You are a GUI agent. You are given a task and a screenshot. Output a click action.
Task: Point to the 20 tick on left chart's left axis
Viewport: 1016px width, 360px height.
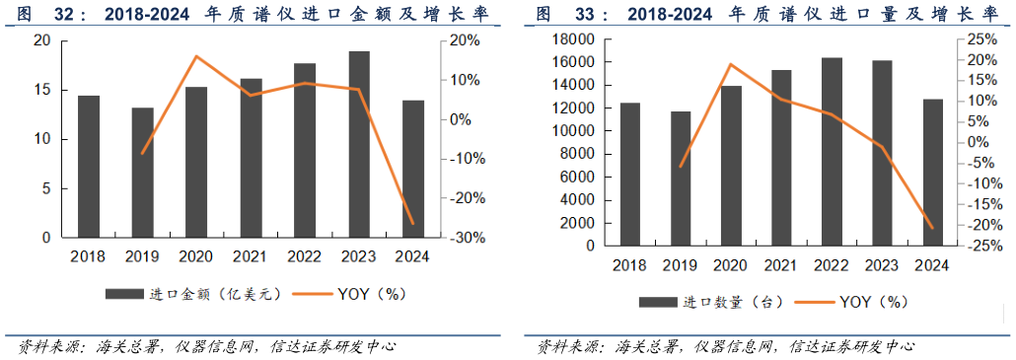pos(41,40)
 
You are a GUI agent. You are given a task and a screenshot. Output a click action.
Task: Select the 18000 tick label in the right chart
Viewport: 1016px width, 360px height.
pos(573,39)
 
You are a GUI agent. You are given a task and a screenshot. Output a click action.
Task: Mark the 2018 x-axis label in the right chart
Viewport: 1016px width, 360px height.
pos(629,265)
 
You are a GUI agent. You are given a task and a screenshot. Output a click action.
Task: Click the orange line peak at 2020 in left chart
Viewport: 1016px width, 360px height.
pos(195,56)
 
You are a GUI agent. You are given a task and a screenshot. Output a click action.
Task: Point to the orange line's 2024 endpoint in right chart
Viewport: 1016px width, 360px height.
pos(932,228)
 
